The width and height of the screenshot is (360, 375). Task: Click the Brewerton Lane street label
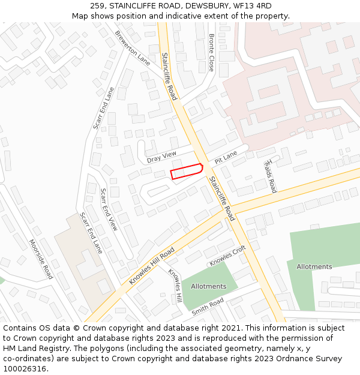point(133,48)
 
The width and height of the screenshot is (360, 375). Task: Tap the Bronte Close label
point(212,52)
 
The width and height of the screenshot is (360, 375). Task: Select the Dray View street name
point(162,157)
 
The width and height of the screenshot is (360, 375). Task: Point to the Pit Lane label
point(226,157)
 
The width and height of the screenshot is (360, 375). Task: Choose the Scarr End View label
point(109,210)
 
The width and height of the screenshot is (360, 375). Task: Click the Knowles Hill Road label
point(152,266)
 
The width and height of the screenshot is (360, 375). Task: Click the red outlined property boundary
point(187,172)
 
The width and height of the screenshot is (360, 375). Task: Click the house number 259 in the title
point(97,6)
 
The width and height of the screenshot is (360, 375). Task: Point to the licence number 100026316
point(25,368)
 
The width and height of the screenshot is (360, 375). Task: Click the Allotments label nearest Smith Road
point(208,286)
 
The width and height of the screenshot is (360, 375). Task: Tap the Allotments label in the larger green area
point(314,266)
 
